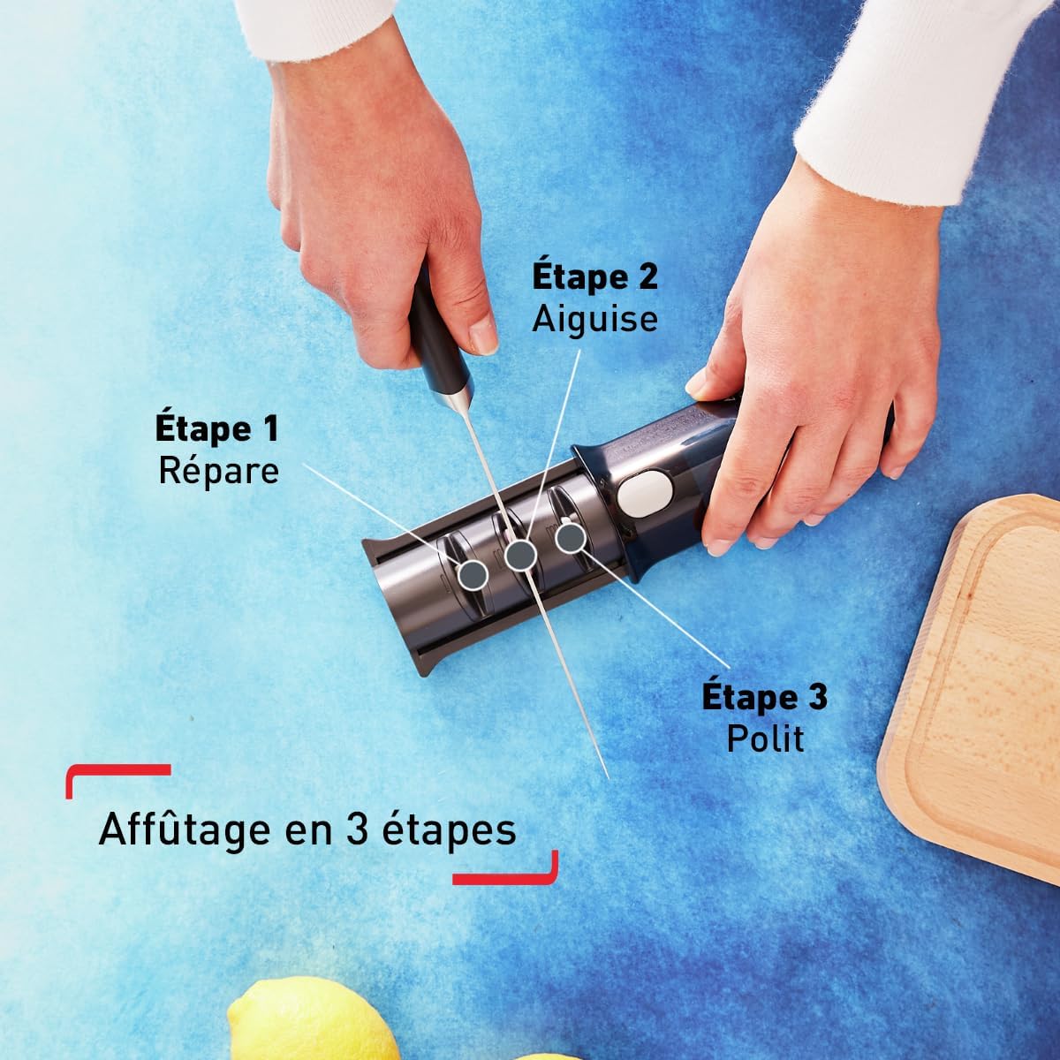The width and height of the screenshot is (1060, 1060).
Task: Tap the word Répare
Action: pos(218,470)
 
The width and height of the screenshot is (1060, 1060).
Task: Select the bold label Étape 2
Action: pos(594,276)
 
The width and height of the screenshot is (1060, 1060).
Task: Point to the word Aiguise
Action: pos(594,318)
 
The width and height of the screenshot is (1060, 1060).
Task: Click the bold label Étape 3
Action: pos(764,696)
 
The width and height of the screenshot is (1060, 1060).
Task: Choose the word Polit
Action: pos(765,738)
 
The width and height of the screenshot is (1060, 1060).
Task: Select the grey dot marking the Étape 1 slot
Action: pos(473,575)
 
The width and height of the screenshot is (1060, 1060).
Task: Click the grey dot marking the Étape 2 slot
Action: pos(520,555)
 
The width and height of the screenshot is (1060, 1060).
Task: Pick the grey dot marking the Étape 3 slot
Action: pos(570,536)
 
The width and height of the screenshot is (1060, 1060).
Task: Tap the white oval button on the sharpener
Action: pos(643,492)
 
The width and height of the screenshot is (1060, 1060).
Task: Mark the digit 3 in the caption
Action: pos(356,830)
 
